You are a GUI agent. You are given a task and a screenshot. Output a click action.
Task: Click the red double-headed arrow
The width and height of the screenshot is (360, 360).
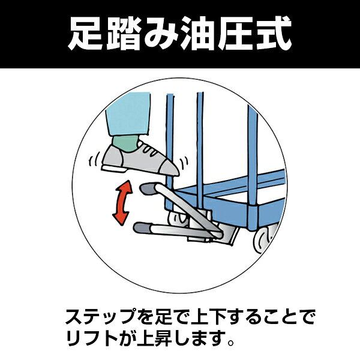click(x=122, y=203)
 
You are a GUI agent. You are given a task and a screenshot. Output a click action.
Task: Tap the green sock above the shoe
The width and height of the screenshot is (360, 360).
click(x=125, y=143)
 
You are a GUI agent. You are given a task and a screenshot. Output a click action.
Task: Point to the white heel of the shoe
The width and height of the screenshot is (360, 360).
click(x=114, y=169)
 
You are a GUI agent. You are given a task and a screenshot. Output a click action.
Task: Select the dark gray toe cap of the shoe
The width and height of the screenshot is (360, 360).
click(x=169, y=168)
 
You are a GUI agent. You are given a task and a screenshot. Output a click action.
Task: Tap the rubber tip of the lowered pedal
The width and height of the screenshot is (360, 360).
click(x=142, y=228)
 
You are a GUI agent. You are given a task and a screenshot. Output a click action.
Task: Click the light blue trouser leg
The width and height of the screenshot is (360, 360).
click(x=128, y=113)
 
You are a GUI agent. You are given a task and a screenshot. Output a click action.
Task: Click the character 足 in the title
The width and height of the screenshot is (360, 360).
click(x=85, y=34)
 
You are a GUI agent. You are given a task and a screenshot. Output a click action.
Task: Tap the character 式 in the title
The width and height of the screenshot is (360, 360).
click(x=274, y=34)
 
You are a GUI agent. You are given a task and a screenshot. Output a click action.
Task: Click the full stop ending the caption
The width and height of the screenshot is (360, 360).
click(x=231, y=343)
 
